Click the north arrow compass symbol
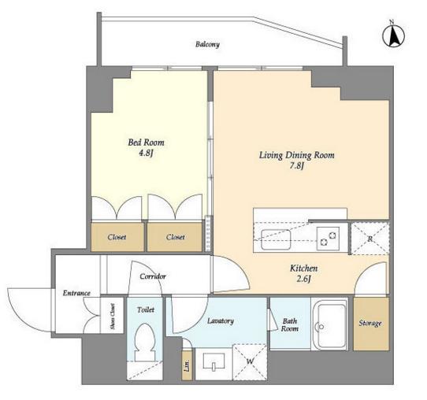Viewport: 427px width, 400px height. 393,36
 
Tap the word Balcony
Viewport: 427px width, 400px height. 207,44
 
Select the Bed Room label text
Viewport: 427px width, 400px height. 146,143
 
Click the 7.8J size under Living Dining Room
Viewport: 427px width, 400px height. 296,165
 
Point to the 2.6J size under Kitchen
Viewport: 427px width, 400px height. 303,279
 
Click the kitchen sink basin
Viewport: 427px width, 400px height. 276,239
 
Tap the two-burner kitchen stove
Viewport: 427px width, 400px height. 328,239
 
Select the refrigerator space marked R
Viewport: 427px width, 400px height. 369,239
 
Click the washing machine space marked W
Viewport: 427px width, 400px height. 250,362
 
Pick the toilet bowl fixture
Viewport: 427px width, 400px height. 145,342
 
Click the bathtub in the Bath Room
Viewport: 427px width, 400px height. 330,324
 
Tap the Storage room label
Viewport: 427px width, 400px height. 370,324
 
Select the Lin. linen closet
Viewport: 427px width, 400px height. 187,365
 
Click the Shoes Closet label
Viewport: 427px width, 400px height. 113,317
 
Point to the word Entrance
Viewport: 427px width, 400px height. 76,293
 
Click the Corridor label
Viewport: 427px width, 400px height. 153,276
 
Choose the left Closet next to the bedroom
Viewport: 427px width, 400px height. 117,237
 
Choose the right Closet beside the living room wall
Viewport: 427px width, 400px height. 175,237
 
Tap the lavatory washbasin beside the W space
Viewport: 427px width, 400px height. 213,361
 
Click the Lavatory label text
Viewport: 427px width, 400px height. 221,321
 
